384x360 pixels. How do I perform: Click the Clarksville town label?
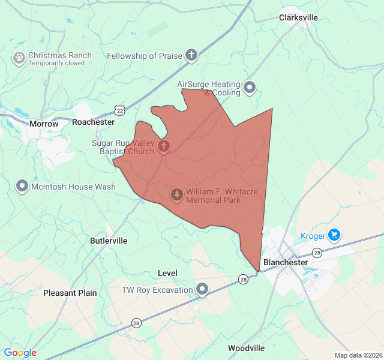click(x=298, y=17)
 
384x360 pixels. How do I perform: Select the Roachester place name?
click(x=93, y=122)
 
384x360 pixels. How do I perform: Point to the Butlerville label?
click(x=109, y=241)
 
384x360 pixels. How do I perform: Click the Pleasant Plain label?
click(x=70, y=293)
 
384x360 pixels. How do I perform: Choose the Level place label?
click(x=167, y=273)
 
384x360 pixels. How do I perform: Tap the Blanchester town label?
click(x=286, y=262)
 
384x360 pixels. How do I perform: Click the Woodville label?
click(x=246, y=348)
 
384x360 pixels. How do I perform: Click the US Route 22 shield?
click(x=121, y=111)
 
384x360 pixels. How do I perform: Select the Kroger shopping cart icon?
click(x=335, y=235)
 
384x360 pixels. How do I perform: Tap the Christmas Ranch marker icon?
click(x=19, y=58)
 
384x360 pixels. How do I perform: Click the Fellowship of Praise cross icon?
click(x=191, y=56)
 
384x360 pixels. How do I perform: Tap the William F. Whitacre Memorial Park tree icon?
click(x=177, y=194)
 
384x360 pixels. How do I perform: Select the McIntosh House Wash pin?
click(x=22, y=187)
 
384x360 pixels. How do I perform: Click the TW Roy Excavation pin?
click(x=203, y=290)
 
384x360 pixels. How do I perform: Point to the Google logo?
click(x=20, y=353)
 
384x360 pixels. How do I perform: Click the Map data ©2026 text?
click(x=358, y=355)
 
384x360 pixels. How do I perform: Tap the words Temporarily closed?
click(x=56, y=63)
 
